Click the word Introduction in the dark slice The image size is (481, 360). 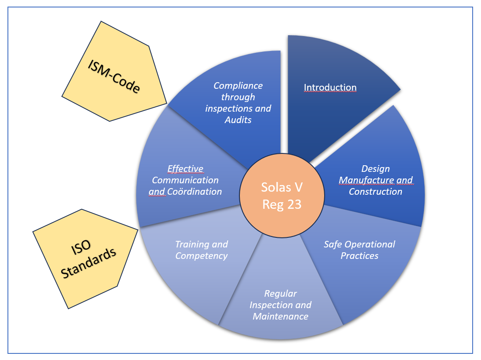click(330, 87)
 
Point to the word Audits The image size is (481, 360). click(238, 120)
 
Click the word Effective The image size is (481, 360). click(185, 169)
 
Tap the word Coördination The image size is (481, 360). click(194, 192)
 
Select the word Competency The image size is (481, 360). click(201, 256)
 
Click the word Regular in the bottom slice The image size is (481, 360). click(280, 294)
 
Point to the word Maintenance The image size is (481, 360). click(280, 316)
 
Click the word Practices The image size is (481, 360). click(359, 256)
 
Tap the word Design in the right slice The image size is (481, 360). click(375, 169)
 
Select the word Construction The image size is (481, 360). click(375, 192)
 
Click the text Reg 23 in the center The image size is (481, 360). click(282, 204)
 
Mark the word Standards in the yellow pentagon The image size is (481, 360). click(90, 263)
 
